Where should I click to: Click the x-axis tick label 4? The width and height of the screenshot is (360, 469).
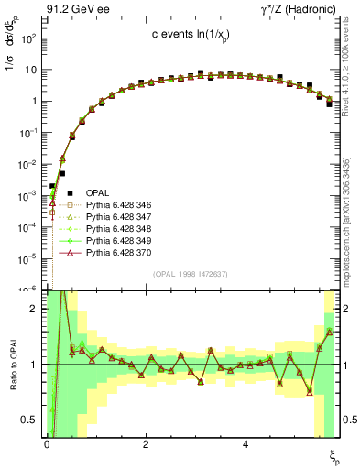click(245, 444)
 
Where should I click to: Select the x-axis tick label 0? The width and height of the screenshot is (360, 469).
click(47, 444)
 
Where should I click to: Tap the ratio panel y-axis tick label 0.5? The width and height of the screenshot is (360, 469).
click(30, 420)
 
